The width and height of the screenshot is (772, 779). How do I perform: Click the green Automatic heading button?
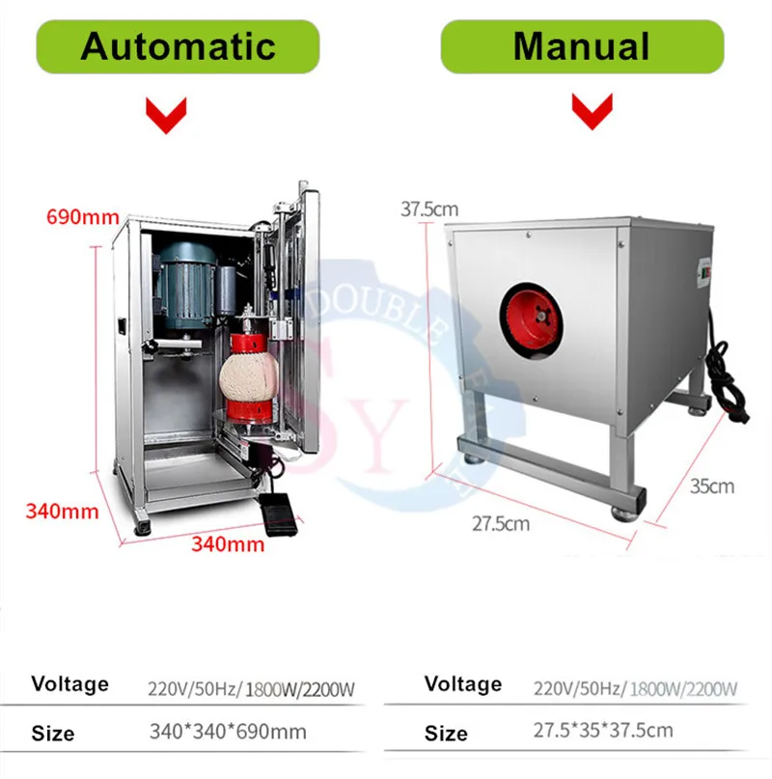[179, 45]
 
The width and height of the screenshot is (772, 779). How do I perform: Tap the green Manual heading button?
[581, 45]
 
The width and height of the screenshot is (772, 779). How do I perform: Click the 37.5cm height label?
[429, 209]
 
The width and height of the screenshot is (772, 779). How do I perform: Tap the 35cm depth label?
[712, 486]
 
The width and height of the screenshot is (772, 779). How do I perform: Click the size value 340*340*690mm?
[228, 731]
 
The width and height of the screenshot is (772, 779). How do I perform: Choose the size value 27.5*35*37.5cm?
[603, 730]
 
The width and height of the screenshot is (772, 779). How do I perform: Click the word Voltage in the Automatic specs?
[69, 684]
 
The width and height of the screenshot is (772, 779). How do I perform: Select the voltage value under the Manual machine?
[635, 688]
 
